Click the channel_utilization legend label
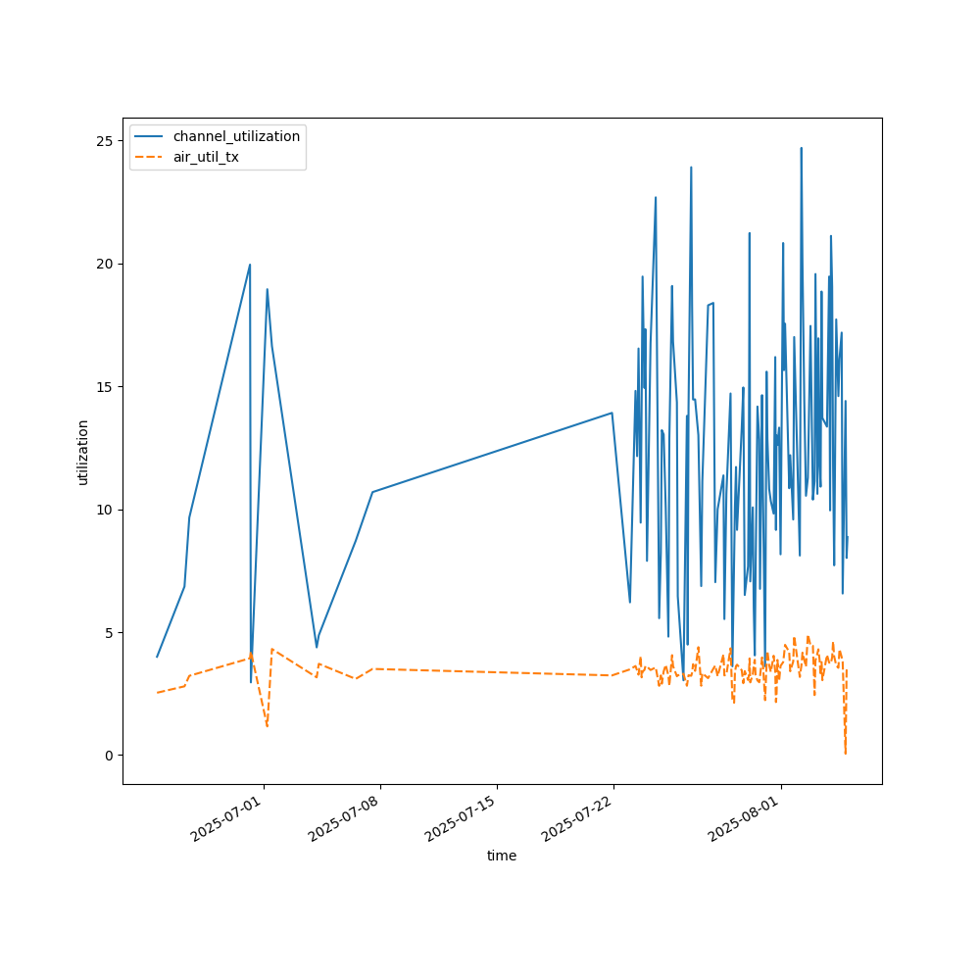[x=236, y=136]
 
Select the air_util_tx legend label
[x=206, y=157]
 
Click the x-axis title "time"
[x=502, y=856]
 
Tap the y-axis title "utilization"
[x=83, y=452]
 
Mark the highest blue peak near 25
[x=801, y=149]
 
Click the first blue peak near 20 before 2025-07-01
[x=250, y=265]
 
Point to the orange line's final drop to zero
[x=845, y=753]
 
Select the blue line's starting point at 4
[x=157, y=657]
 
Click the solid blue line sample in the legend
[x=151, y=136]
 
